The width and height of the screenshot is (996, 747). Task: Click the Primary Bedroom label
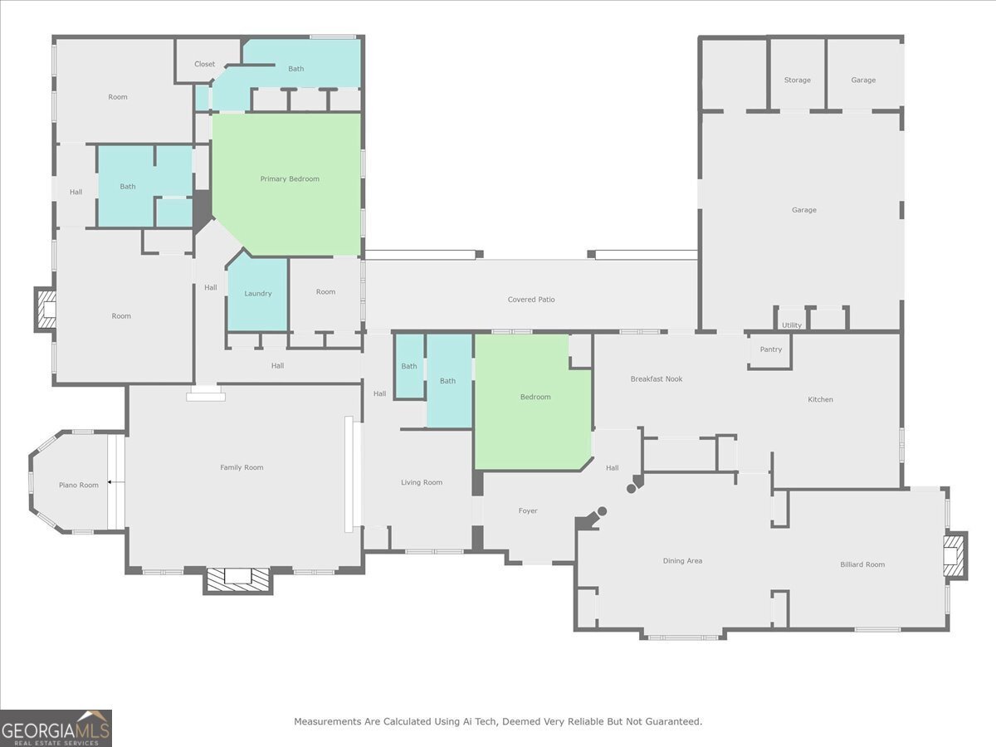pyautogui.click(x=290, y=179)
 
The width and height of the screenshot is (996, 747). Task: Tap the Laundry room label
pyautogui.click(x=258, y=294)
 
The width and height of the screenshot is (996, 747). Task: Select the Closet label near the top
pyautogui.click(x=204, y=64)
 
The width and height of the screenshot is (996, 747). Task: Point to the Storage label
pyautogui.click(x=797, y=81)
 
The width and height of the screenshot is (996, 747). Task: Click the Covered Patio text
pyautogui.click(x=531, y=300)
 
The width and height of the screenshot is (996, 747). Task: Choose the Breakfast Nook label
pyautogui.click(x=656, y=379)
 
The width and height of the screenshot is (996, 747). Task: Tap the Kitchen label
pyautogui.click(x=820, y=400)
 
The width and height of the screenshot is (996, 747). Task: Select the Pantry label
pyautogui.click(x=770, y=349)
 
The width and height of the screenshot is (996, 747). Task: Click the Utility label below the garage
pyautogui.click(x=792, y=325)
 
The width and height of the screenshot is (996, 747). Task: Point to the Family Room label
pyautogui.click(x=242, y=468)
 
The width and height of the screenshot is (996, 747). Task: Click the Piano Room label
pyautogui.click(x=78, y=486)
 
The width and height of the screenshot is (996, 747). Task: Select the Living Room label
pyautogui.click(x=422, y=483)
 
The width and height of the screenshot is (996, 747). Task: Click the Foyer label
pyautogui.click(x=528, y=511)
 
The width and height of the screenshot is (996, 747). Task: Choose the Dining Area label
pyautogui.click(x=682, y=561)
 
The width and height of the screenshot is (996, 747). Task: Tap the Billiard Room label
pyautogui.click(x=862, y=564)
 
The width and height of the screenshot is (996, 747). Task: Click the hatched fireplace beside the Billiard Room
pyautogui.click(x=954, y=556)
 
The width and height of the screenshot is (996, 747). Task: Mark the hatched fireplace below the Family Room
pyautogui.click(x=238, y=579)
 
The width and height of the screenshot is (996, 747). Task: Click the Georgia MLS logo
pyautogui.click(x=56, y=728)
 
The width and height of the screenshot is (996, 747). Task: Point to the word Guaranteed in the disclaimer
pyautogui.click(x=671, y=722)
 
